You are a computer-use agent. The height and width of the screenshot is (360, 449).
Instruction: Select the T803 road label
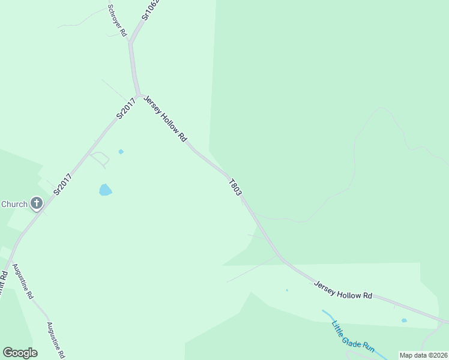coord(235,187)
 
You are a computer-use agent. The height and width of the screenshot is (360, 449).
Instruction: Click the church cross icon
coord(37,204)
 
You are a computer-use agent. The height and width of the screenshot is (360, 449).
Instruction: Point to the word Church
coord(14,204)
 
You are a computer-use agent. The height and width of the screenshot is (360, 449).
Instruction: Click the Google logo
coord(20,353)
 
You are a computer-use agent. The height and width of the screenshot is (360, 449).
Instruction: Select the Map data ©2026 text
coord(423,355)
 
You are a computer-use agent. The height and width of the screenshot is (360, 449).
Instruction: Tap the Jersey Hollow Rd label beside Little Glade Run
coord(343,288)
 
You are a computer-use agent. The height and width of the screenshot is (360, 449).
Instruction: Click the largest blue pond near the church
coord(105,190)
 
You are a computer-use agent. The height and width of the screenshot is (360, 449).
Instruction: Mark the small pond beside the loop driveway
coord(121,152)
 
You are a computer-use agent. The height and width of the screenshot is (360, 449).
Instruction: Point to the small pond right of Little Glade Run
coord(404,320)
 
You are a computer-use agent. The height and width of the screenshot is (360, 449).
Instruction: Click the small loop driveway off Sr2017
coord(100,159)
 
